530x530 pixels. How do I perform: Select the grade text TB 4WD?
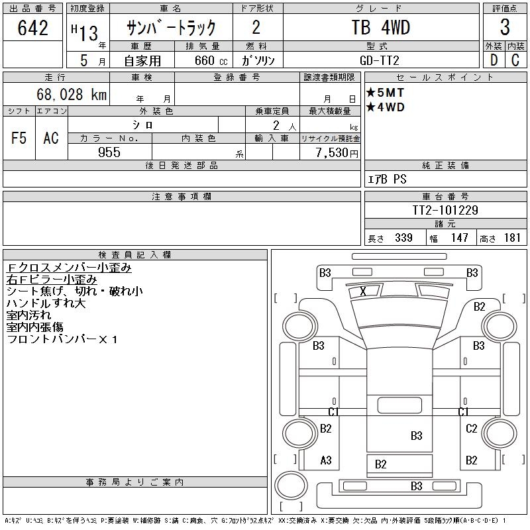(380, 28)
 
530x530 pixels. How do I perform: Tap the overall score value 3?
(505, 28)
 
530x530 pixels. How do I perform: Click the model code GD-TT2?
(380, 60)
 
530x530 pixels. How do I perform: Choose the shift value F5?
(19, 138)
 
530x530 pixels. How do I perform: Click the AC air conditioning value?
(51, 138)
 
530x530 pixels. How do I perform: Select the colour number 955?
(109, 152)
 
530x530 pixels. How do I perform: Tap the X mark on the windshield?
(363, 291)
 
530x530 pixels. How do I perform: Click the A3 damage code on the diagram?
(325, 460)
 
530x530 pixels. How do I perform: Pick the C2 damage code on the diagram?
(472, 429)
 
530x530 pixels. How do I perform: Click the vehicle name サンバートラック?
(172, 28)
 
